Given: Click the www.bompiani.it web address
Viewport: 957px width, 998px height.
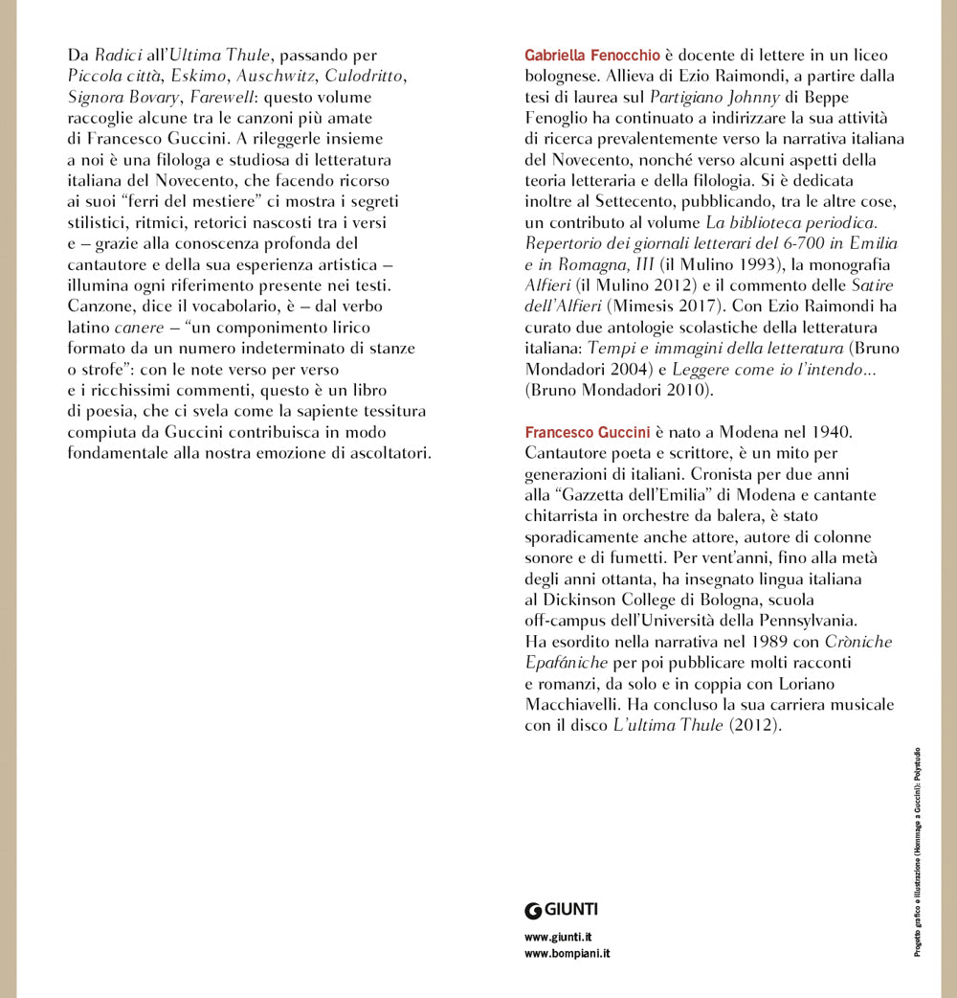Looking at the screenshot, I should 568,954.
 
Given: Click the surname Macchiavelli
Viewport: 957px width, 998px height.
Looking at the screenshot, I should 570,705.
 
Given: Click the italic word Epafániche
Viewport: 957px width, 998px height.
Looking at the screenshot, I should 566,663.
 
